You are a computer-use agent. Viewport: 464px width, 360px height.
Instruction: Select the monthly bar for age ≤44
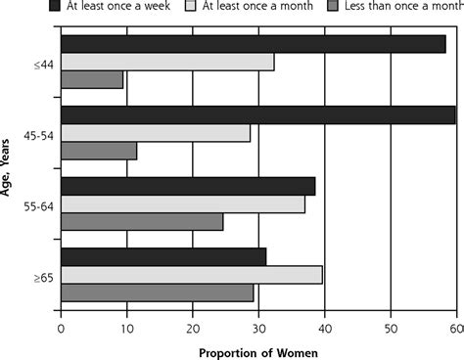(167, 63)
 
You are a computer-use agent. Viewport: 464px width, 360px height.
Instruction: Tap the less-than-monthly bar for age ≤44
(92, 80)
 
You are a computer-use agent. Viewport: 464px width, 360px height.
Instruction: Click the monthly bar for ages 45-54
(156, 133)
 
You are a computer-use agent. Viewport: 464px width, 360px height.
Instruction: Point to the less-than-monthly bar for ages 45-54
(99, 151)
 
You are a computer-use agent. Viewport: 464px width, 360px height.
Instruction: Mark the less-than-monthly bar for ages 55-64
(142, 222)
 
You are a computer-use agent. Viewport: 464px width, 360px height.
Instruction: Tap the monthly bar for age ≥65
(192, 275)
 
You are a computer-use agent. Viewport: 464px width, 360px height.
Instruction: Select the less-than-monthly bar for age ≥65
(157, 292)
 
